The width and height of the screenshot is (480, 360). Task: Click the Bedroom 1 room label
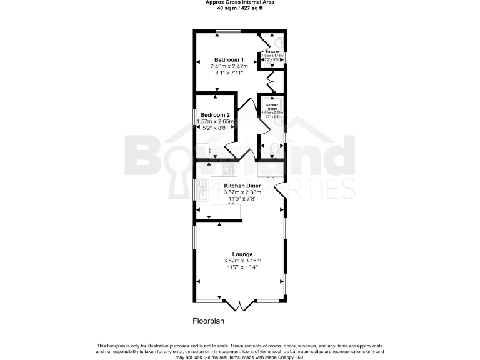229,59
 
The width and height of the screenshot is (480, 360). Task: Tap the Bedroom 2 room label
215,114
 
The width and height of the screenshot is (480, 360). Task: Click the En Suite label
272,51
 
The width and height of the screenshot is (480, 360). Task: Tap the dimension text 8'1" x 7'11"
229,72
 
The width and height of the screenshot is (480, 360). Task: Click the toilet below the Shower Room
273,149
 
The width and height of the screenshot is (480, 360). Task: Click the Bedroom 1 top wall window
228,31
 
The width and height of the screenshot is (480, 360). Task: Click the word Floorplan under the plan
207,321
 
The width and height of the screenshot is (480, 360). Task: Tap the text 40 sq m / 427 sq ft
240,9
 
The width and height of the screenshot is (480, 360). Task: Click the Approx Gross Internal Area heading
240,2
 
